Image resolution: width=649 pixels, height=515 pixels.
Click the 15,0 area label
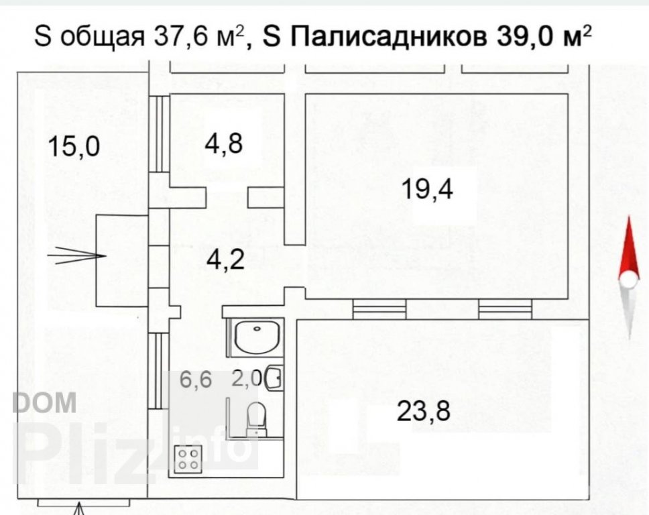(74, 147)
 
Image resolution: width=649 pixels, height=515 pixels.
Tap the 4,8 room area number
(224, 144)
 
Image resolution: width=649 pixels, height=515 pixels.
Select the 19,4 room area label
(428, 189)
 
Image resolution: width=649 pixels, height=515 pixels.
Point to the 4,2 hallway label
(225, 260)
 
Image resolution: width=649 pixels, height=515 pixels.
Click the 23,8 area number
(424, 411)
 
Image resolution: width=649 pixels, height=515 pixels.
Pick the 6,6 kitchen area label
(196, 380)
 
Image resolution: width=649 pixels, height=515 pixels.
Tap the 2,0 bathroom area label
(246, 378)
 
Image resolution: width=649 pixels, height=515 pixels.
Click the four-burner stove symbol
(188, 459)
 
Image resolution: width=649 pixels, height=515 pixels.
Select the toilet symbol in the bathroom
(257, 418)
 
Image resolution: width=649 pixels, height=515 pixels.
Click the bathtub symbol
(257, 339)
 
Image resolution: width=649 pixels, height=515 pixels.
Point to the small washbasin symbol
(274, 378)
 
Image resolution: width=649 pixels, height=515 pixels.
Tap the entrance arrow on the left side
(76, 255)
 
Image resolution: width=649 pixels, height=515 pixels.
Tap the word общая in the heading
(103, 38)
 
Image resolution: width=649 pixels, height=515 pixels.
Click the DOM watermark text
(44, 402)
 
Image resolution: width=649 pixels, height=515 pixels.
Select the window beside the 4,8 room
(159, 133)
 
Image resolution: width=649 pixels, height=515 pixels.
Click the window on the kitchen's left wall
(159, 371)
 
